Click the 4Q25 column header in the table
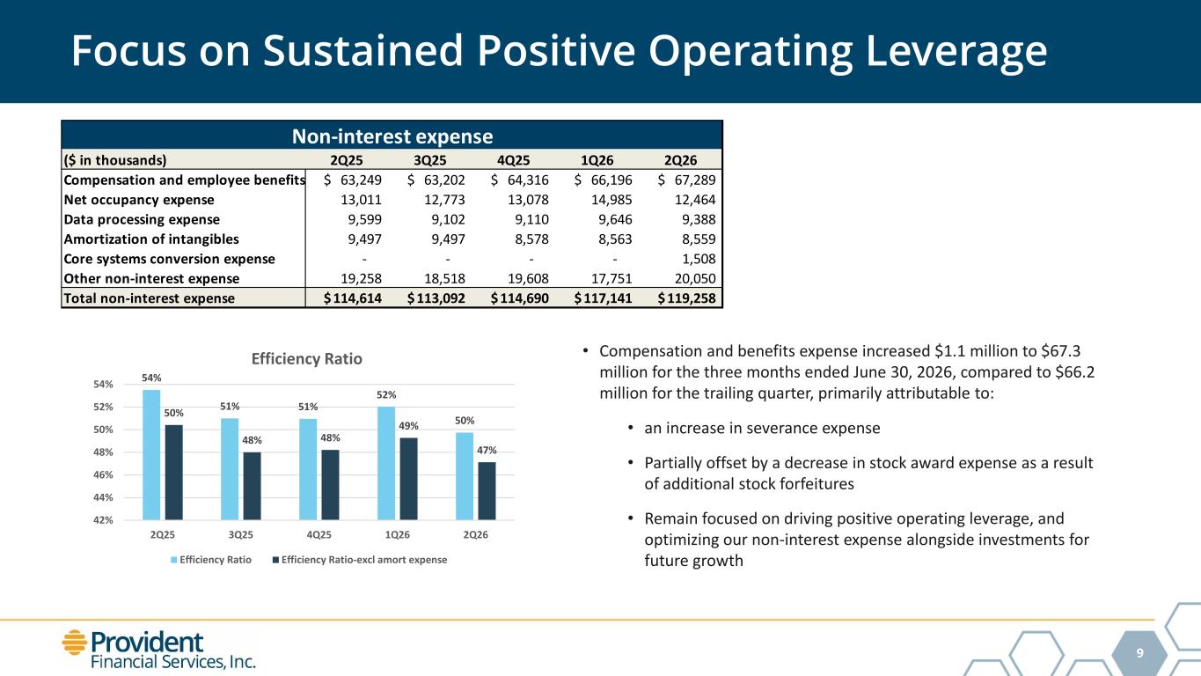(513, 160)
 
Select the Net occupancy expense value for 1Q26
(615, 200)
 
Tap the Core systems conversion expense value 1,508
(699, 259)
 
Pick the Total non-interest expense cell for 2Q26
(687, 298)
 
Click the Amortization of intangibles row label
(151, 239)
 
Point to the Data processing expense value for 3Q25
(448, 219)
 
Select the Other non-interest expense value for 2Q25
(362, 278)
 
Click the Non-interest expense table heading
(392, 136)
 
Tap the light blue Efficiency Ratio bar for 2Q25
(151, 454)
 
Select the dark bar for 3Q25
(252, 486)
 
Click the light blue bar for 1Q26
(386, 463)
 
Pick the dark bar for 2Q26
(487, 491)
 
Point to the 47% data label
(487, 450)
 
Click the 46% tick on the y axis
(103, 474)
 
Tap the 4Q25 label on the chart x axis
(319, 535)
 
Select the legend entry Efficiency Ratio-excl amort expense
(359, 560)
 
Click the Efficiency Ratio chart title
(307, 358)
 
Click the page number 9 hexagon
(1139, 653)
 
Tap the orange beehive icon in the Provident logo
(74, 643)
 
